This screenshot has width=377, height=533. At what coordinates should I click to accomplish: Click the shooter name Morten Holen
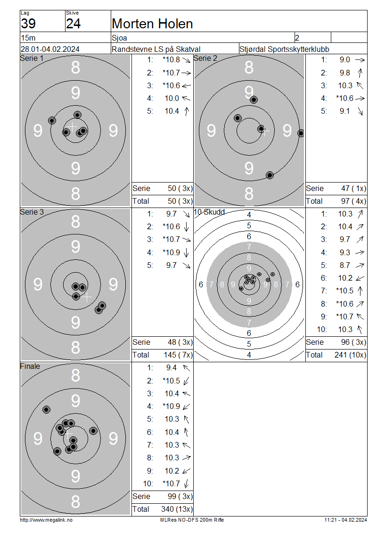pos(152,24)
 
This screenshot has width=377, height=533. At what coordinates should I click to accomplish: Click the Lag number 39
pos(28,24)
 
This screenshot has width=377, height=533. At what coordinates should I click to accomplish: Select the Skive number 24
pos(74,24)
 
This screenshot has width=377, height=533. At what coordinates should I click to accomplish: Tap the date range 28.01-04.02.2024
pos(50,49)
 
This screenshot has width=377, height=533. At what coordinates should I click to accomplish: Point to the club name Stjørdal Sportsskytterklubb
pos(284,49)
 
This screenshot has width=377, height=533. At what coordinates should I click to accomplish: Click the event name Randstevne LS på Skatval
pos(156,49)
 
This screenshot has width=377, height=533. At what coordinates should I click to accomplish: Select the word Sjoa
pos(119,38)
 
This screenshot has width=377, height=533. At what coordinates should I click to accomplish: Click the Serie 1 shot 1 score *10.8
pos(171,60)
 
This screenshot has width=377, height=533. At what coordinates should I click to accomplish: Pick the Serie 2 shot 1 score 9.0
pos(345,60)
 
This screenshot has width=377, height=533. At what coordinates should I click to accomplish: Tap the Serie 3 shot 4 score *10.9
pos(171,252)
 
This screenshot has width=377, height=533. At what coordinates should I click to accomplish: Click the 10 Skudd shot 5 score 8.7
pos(345,265)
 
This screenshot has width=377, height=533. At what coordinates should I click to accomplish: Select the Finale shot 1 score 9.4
pos(171,368)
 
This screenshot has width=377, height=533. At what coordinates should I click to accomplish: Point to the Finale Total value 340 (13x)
pos(177,509)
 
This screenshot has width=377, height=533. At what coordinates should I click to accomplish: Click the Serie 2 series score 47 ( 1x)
pos(353,188)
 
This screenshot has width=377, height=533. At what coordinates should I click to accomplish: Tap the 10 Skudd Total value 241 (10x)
pos(350,355)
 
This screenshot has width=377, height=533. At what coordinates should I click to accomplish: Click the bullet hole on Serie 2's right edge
pos(301,133)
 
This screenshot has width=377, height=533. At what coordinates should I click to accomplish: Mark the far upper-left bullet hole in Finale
pos(47,409)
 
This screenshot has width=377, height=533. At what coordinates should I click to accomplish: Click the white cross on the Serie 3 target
pos(87,297)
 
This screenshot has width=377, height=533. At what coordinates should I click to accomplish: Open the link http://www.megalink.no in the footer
pos(46,520)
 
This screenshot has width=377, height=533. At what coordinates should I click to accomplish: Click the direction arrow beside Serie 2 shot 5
pos(360,111)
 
